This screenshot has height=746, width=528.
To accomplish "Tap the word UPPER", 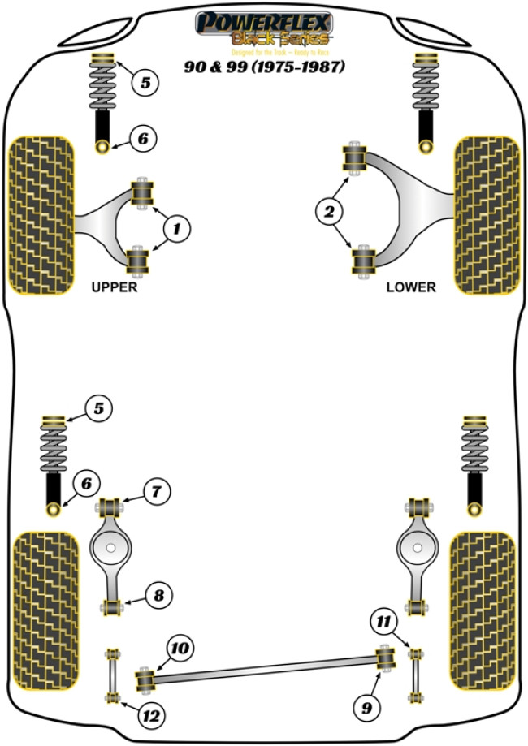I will [x=115, y=287].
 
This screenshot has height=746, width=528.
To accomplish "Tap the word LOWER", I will [x=411, y=287].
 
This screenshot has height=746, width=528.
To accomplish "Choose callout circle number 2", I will [x=329, y=213].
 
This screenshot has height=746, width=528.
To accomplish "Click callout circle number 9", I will [x=367, y=708].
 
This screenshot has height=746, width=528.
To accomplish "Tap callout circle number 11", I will [x=381, y=623].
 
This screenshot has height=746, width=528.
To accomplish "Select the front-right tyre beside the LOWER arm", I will [x=487, y=214].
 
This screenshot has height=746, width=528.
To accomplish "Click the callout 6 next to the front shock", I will [x=142, y=140].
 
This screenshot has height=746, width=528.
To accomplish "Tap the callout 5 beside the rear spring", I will [x=97, y=409].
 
